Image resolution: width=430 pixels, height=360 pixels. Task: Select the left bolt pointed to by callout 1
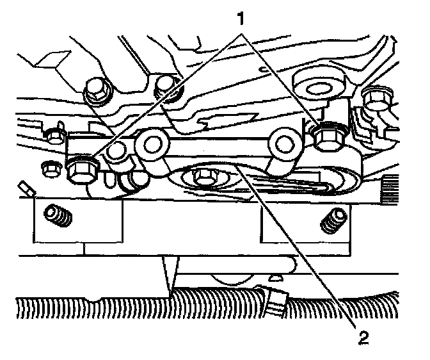[x=81, y=168]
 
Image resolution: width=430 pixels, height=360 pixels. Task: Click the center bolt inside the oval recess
[x=205, y=176]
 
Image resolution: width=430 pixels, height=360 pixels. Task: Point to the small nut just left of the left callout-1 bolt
[x=50, y=170]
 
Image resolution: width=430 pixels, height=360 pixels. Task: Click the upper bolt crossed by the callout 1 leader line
[x=167, y=86]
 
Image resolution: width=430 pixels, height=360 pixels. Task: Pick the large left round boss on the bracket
[x=154, y=145]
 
